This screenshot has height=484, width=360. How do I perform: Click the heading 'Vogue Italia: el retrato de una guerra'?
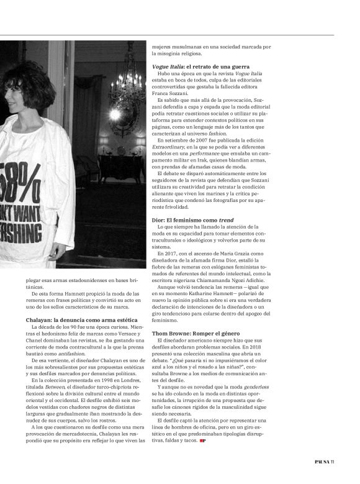coord(202,66)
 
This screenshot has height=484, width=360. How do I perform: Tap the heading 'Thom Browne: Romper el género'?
coord(195,334)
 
